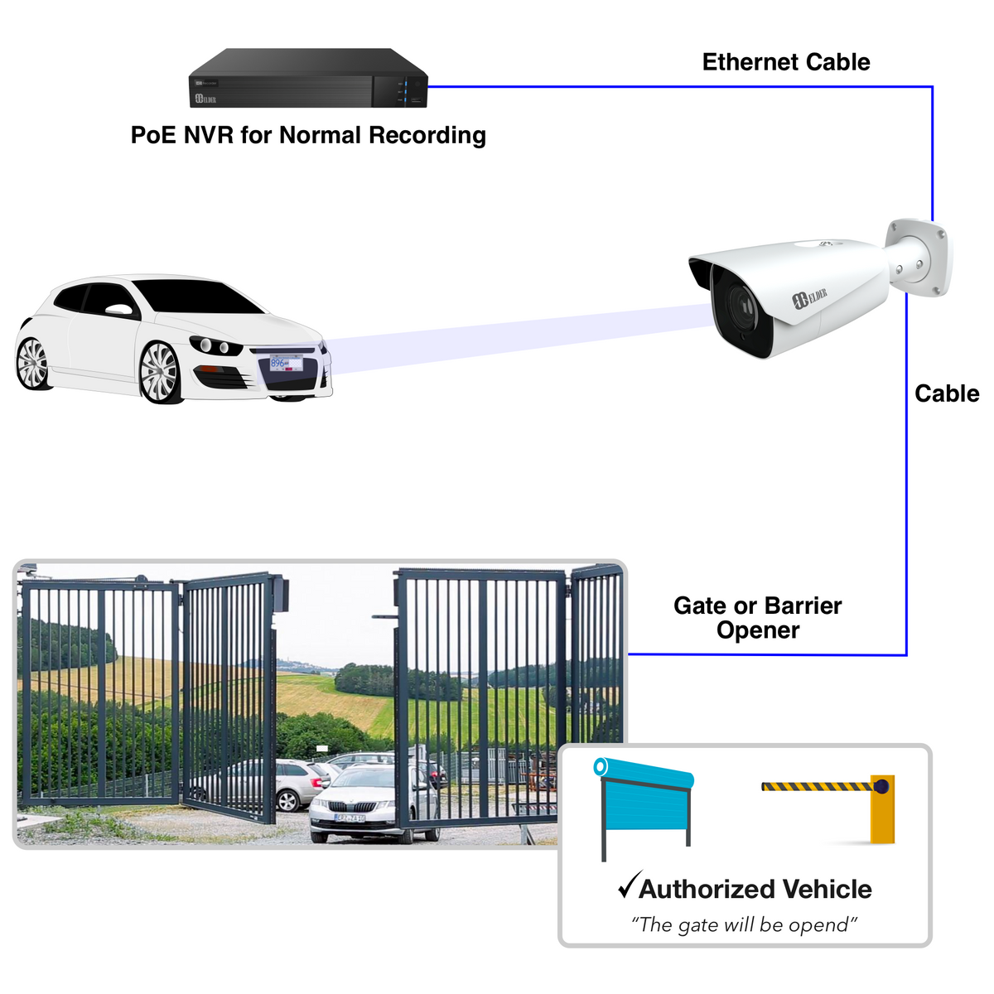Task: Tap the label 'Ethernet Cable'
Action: point(785,62)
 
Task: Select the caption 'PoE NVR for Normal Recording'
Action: point(308,135)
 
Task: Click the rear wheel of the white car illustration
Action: point(33,363)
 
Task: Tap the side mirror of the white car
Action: point(121,311)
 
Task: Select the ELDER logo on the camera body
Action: point(810,297)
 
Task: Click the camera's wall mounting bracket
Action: point(919,255)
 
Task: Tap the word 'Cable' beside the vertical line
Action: point(946,393)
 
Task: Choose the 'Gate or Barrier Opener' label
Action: point(757,618)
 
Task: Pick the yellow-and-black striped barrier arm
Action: point(815,786)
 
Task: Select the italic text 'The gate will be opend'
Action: point(744,924)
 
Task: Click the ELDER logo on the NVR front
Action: point(205,99)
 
